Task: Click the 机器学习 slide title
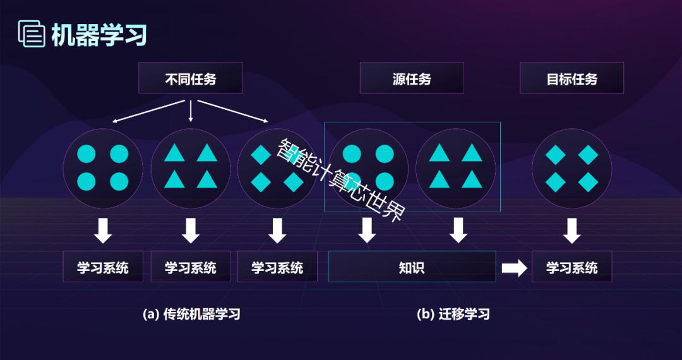click(x=99, y=35)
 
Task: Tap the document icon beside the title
click(x=32, y=34)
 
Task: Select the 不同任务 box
click(x=191, y=78)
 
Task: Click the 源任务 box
click(x=412, y=78)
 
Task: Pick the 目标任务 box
click(x=571, y=78)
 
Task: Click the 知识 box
click(x=412, y=267)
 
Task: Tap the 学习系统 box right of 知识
click(x=571, y=267)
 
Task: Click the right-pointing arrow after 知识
click(x=514, y=268)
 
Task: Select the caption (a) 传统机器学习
click(x=192, y=314)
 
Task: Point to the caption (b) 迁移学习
click(x=453, y=314)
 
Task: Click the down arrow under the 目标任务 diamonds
click(x=571, y=231)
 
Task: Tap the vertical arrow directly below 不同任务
click(x=191, y=110)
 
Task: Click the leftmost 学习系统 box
click(x=103, y=267)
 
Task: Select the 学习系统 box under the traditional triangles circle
click(x=191, y=267)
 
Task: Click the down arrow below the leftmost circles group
click(x=103, y=231)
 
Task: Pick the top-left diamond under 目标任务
click(x=554, y=154)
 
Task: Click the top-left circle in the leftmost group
click(x=87, y=154)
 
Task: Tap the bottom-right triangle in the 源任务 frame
click(x=471, y=181)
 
